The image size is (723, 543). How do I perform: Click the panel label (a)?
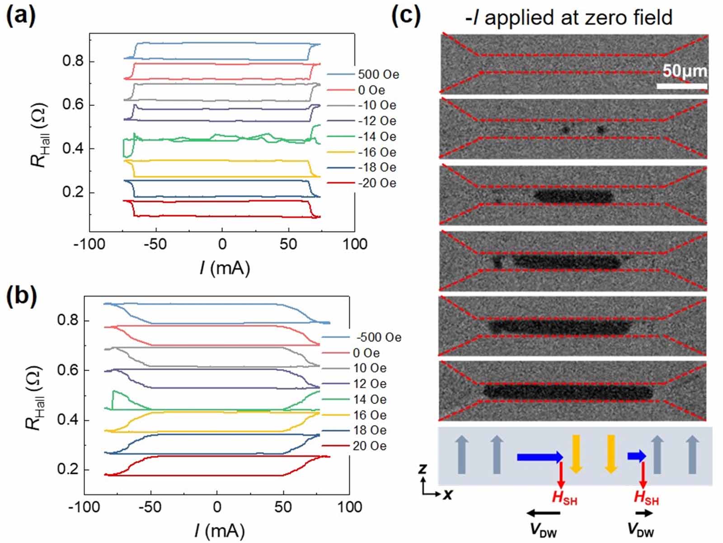point(20,17)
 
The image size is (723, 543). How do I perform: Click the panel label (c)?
point(405,17)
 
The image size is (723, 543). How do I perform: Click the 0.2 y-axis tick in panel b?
point(68,469)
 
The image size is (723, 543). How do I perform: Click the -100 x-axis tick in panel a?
point(89,244)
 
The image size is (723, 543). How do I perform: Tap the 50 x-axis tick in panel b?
point(283,507)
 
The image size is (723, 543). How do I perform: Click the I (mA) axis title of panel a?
point(225,268)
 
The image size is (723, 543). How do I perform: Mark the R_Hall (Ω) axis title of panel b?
point(35,398)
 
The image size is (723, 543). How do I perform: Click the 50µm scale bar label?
point(684,71)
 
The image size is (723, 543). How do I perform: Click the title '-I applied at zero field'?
point(568,18)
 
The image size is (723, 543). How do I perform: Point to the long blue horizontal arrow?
point(540,457)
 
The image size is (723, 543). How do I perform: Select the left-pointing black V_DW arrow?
point(543,513)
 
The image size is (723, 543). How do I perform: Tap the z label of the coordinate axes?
point(423,469)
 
